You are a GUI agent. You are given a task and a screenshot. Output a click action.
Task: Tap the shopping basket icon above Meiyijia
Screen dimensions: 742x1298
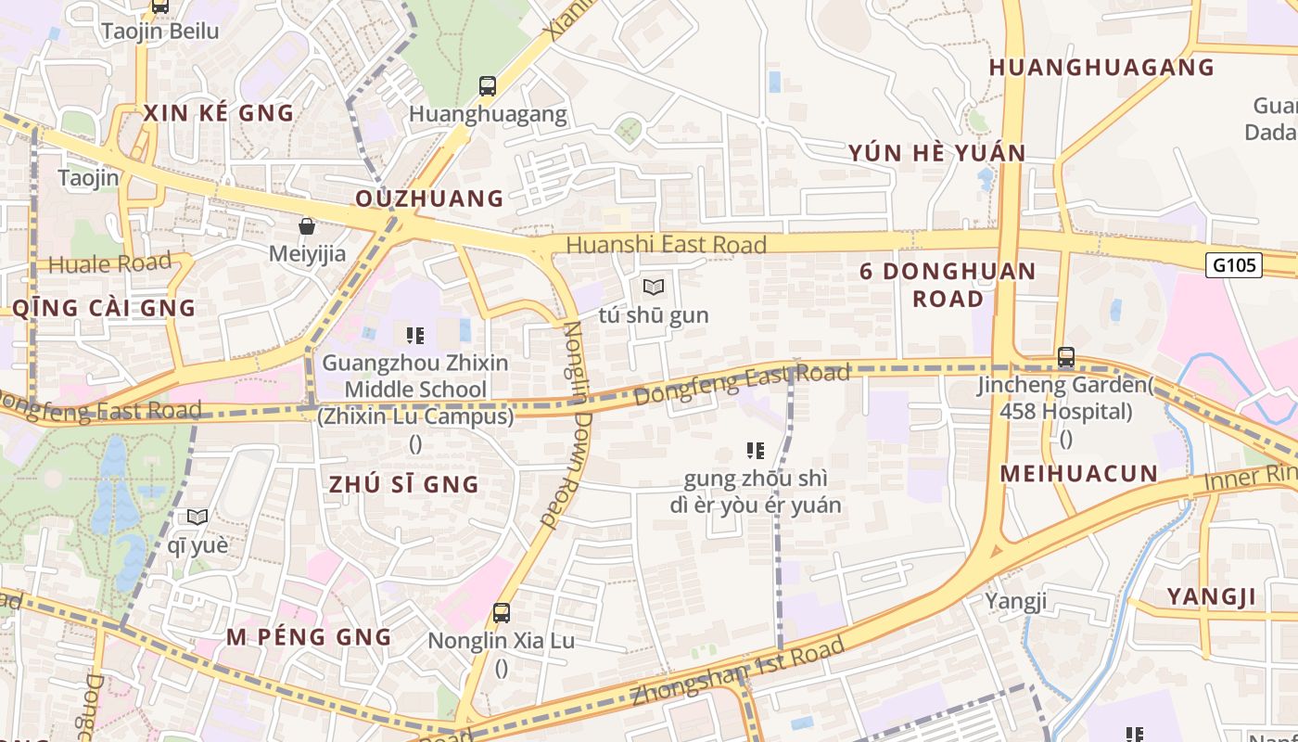click(x=306, y=226)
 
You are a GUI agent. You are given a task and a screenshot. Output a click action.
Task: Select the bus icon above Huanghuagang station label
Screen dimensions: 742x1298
click(x=488, y=86)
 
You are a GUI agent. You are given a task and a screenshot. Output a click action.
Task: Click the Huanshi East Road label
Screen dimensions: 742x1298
click(x=666, y=245)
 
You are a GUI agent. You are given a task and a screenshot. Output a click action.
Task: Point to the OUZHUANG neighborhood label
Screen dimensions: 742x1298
click(x=429, y=198)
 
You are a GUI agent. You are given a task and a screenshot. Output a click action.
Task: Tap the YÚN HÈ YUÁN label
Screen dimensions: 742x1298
click(x=936, y=153)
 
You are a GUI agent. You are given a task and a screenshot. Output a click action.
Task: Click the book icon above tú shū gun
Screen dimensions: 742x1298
click(x=654, y=287)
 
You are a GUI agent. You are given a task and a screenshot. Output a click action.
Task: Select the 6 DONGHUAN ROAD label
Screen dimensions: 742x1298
click(x=947, y=285)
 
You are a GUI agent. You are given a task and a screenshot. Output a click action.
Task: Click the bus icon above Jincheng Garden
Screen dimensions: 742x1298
click(x=1066, y=356)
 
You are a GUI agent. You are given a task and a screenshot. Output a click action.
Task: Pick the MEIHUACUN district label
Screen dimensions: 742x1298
click(x=1078, y=474)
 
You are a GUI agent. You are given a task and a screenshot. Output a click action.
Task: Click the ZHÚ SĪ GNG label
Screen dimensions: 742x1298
click(x=403, y=484)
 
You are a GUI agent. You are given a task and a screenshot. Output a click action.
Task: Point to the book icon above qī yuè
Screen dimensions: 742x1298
click(x=197, y=517)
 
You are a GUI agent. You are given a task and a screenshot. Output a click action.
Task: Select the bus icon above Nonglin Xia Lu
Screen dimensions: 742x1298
click(x=502, y=612)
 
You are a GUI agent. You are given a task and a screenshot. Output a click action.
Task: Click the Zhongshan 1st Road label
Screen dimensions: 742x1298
click(x=738, y=672)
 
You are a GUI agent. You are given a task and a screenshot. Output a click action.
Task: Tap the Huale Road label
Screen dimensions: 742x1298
click(x=109, y=263)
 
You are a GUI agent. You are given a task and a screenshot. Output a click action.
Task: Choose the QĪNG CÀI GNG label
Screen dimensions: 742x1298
click(x=104, y=308)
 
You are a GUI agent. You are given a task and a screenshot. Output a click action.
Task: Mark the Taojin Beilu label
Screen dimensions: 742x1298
click(x=160, y=31)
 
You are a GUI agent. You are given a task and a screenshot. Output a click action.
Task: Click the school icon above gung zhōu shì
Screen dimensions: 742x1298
click(x=756, y=451)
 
